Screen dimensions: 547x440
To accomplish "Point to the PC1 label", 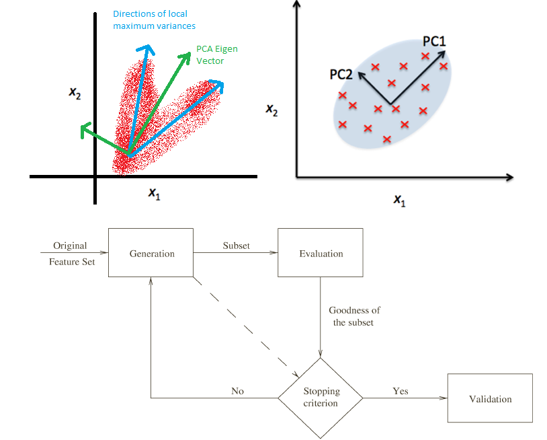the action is pyautogui.click(x=434, y=42).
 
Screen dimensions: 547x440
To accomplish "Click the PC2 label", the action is pyautogui.click(x=341, y=75).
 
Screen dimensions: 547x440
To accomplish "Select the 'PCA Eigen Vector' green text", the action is pyautogui.click(x=217, y=54).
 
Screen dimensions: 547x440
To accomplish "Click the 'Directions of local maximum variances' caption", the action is pyautogui.click(x=154, y=20).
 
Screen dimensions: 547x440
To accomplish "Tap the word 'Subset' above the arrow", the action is pyautogui.click(x=236, y=246).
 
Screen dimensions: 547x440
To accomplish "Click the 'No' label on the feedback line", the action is pyautogui.click(x=238, y=391).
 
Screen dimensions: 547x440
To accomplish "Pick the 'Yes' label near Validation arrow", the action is pyautogui.click(x=401, y=391).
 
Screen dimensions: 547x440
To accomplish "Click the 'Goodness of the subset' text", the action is pyautogui.click(x=354, y=316).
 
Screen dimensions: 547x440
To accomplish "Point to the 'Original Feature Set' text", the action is pyautogui.click(x=71, y=254).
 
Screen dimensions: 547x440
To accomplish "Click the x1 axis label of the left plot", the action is pyautogui.click(x=154, y=194).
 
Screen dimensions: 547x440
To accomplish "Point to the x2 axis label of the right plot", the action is pyautogui.click(x=271, y=110).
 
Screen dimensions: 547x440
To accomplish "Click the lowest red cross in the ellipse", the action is pyautogui.click(x=386, y=139).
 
